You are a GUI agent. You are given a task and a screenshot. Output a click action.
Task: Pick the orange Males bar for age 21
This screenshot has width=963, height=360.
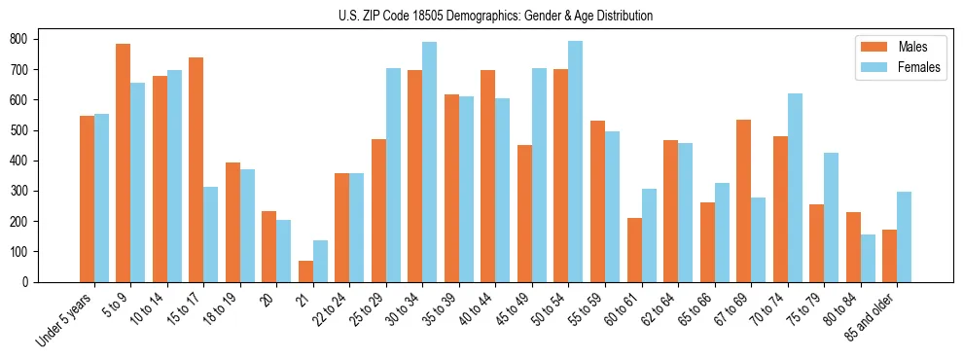click(305, 271)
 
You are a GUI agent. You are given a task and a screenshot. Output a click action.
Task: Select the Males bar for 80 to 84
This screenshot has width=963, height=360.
click(853, 247)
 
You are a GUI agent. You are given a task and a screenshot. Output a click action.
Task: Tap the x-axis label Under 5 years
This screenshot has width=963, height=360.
click(66, 319)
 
